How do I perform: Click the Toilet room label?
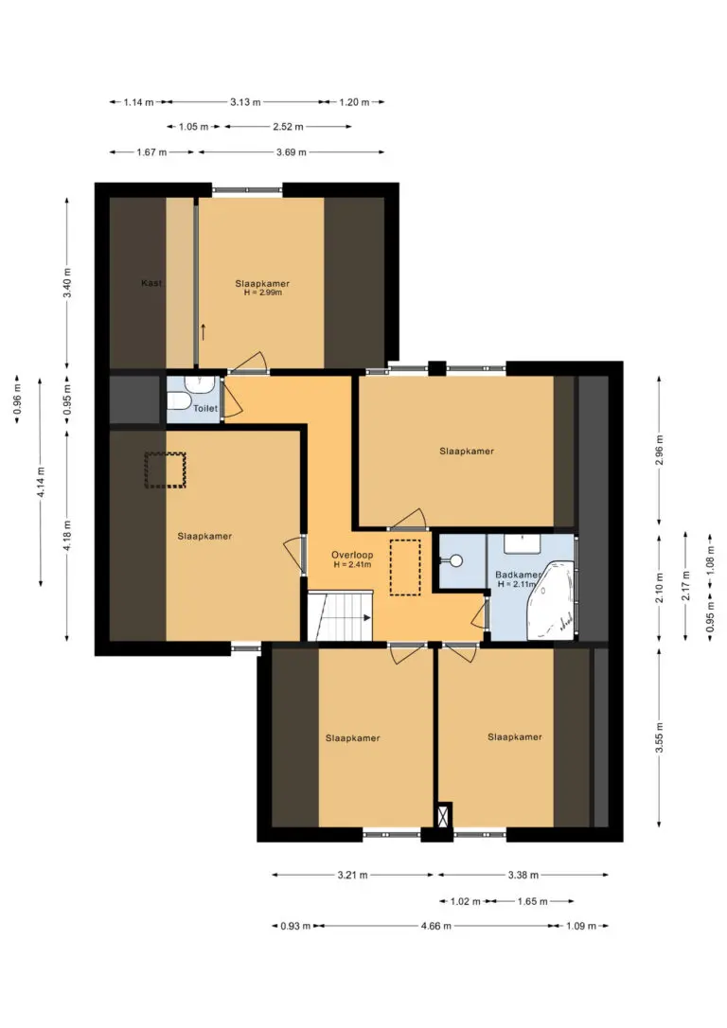pyautogui.click(x=205, y=408)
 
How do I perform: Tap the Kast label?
pyautogui.click(x=151, y=283)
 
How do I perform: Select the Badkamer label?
pyautogui.click(x=517, y=575)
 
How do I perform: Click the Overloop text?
pyautogui.click(x=352, y=555)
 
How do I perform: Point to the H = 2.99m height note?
pyautogui.click(x=262, y=292)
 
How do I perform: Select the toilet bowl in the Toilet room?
pyautogui.click(x=179, y=399)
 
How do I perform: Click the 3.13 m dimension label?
pyautogui.click(x=245, y=102)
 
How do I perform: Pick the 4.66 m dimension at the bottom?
pyautogui.click(x=436, y=926)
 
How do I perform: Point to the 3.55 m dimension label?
pyautogui.click(x=660, y=736)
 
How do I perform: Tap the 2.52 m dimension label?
pyautogui.click(x=289, y=127)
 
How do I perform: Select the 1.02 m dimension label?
pyautogui.click(x=466, y=901)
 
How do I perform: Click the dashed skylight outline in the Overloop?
pyautogui.click(x=405, y=567)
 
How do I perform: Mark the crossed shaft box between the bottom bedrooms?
pyautogui.click(x=445, y=815)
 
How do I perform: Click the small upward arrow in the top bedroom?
pyautogui.click(x=204, y=331)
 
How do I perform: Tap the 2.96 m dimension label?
pyautogui.click(x=660, y=451)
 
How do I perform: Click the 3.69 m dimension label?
pyautogui.click(x=292, y=152)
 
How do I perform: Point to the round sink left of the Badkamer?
pyautogui.click(x=455, y=560)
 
